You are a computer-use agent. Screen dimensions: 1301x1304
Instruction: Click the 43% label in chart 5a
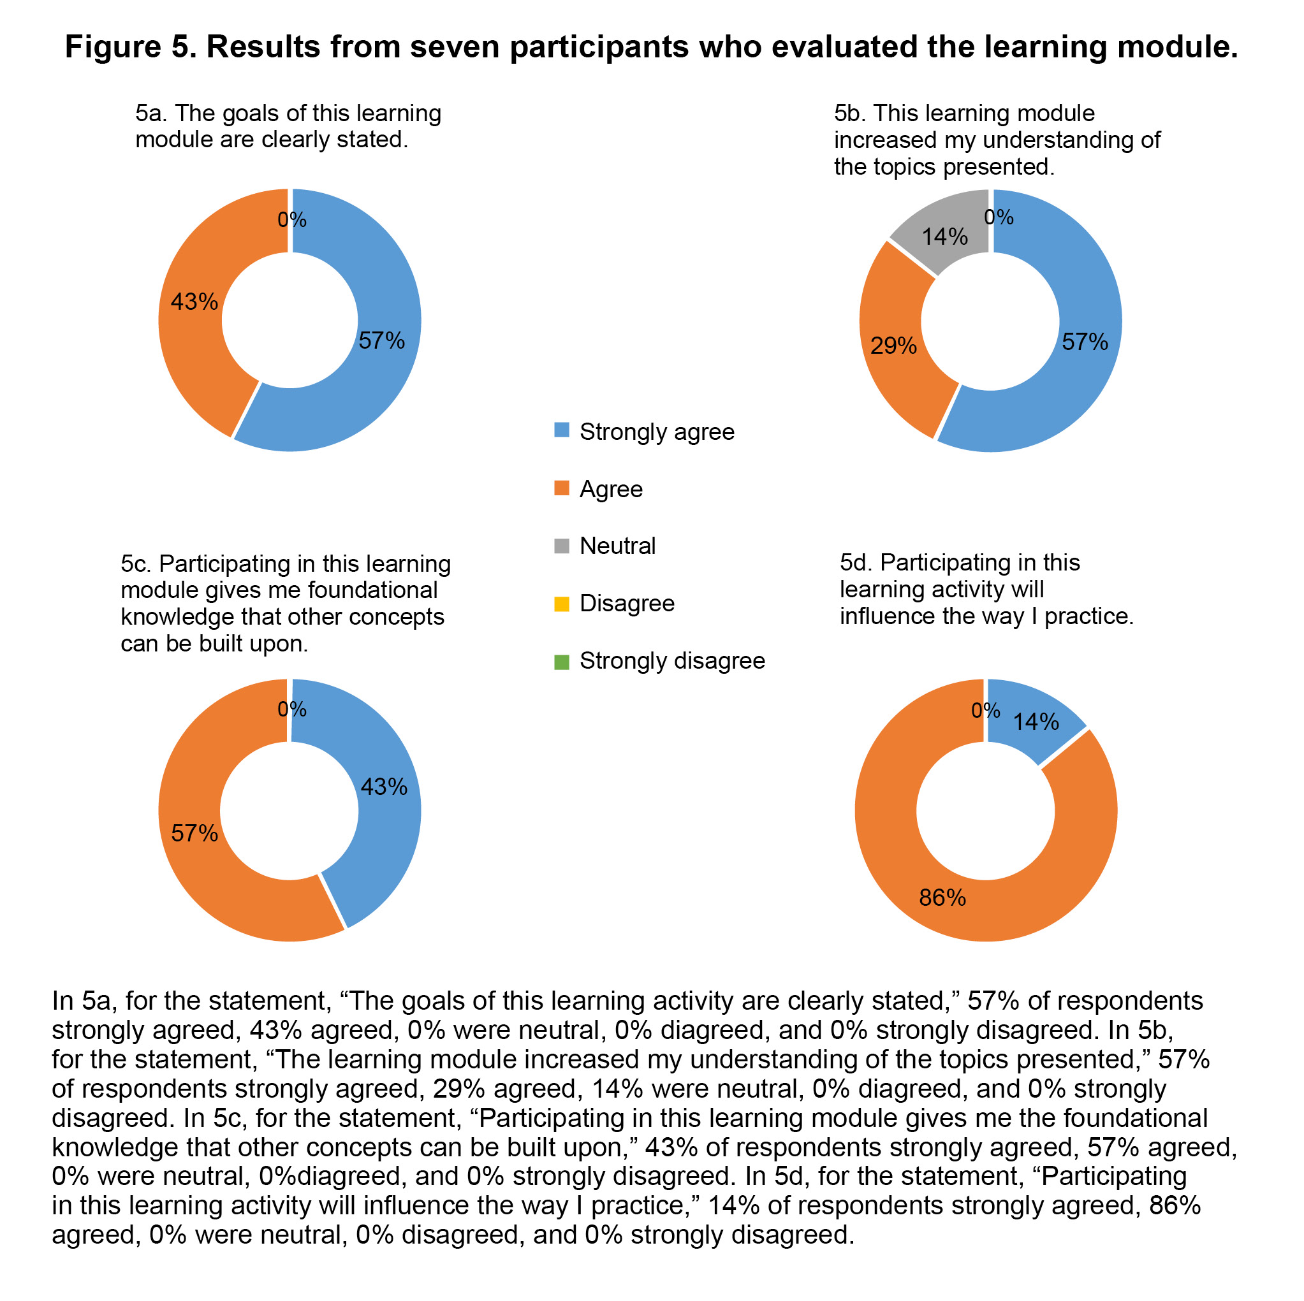coord(194,302)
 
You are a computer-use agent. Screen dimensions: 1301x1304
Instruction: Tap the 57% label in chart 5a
coord(381,341)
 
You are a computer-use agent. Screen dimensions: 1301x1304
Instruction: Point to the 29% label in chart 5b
coord(893,346)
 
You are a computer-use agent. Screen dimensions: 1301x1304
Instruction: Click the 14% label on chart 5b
coord(945,237)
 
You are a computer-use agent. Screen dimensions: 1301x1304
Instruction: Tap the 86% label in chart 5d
coord(942,898)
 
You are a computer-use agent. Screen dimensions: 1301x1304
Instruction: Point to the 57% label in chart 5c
coord(194,833)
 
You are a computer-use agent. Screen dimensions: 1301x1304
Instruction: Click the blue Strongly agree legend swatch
coord(561,430)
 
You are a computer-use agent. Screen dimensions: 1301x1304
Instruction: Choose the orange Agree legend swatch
coord(561,487)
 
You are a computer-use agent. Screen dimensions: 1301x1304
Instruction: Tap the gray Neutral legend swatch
coord(561,544)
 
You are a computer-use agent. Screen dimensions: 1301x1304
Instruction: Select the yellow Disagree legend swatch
coord(561,602)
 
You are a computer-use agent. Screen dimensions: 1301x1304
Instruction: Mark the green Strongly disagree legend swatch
coord(561,659)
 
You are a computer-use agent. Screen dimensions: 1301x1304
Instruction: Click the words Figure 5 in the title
coord(128,47)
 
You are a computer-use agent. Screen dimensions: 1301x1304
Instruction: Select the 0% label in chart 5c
coord(291,709)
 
